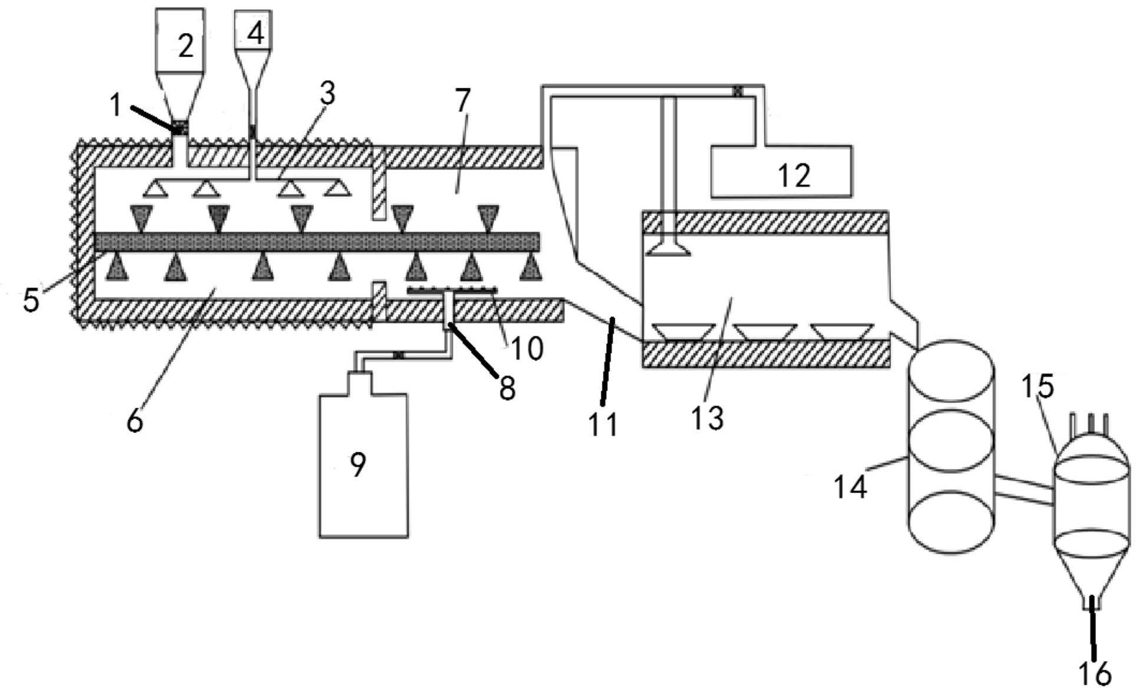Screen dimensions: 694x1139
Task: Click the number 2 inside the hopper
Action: click(x=186, y=46)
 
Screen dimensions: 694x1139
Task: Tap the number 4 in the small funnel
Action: click(x=256, y=33)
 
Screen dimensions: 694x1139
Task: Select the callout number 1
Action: click(x=115, y=106)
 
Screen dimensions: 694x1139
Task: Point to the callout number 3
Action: click(x=327, y=93)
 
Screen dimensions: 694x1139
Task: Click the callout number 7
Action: click(x=463, y=101)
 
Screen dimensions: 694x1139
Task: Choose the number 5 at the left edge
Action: click(x=31, y=299)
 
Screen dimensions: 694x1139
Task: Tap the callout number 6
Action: click(x=135, y=421)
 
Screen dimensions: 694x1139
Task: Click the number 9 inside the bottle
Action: click(x=357, y=464)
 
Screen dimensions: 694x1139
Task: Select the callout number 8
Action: click(x=507, y=388)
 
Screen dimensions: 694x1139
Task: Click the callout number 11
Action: click(x=604, y=424)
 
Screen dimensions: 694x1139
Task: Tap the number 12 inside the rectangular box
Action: click(x=794, y=175)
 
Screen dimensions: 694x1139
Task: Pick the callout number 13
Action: click(x=707, y=418)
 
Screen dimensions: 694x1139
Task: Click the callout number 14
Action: click(x=850, y=487)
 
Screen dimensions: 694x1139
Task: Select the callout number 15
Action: click(x=1037, y=386)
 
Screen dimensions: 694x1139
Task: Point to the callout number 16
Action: click(x=1095, y=673)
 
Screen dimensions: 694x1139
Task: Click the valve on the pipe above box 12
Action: click(x=737, y=91)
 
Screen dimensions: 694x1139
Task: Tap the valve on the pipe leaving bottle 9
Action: click(x=398, y=355)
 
